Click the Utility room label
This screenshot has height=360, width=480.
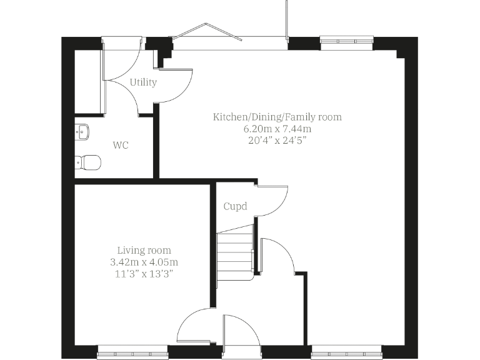pos(143,82)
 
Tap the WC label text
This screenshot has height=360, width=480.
pos(121,146)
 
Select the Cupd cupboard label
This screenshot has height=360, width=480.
pos(235,206)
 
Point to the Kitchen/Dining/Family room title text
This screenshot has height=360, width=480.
pos(277,117)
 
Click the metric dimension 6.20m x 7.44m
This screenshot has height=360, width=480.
pos(277,129)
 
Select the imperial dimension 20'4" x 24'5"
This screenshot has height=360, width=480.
pos(277,140)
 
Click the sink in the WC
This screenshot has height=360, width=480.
pos(82,131)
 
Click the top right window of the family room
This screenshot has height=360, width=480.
pos(346,41)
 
